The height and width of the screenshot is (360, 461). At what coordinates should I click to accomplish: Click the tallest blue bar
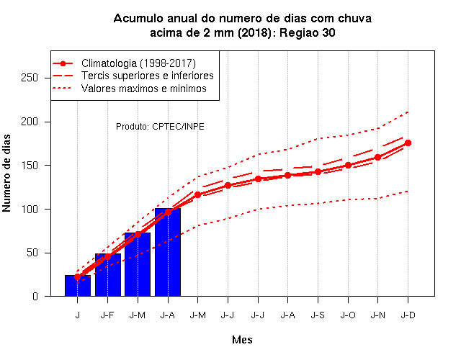[168, 252]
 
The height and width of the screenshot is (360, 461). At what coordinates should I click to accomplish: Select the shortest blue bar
[78, 286]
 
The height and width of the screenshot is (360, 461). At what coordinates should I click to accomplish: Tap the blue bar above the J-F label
[108, 275]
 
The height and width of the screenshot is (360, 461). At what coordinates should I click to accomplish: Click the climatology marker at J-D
[408, 143]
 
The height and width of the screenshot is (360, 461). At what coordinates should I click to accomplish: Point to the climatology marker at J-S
[318, 171]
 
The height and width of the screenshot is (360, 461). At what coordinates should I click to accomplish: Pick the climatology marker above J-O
[348, 165]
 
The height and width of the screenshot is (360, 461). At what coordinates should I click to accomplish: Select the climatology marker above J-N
[377, 157]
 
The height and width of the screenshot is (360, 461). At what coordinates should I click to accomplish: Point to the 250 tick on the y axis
[48, 78]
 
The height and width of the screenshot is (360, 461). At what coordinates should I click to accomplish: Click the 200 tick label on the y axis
[30, 122]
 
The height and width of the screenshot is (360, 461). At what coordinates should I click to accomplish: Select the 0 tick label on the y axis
[35, 296]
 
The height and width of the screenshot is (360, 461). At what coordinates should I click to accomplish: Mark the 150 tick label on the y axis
[30, 166]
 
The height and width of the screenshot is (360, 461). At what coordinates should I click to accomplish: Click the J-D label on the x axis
[408, 315]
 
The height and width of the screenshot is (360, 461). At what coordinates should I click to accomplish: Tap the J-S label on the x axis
[318, 315]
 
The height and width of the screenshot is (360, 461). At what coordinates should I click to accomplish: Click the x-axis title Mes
[242, 340]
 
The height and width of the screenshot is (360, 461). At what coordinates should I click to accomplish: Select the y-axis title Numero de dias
[6, 173]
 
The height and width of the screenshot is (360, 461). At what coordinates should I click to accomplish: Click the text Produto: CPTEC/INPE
[160, 127]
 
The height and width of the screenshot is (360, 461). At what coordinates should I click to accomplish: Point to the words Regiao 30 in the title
[308, 32]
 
